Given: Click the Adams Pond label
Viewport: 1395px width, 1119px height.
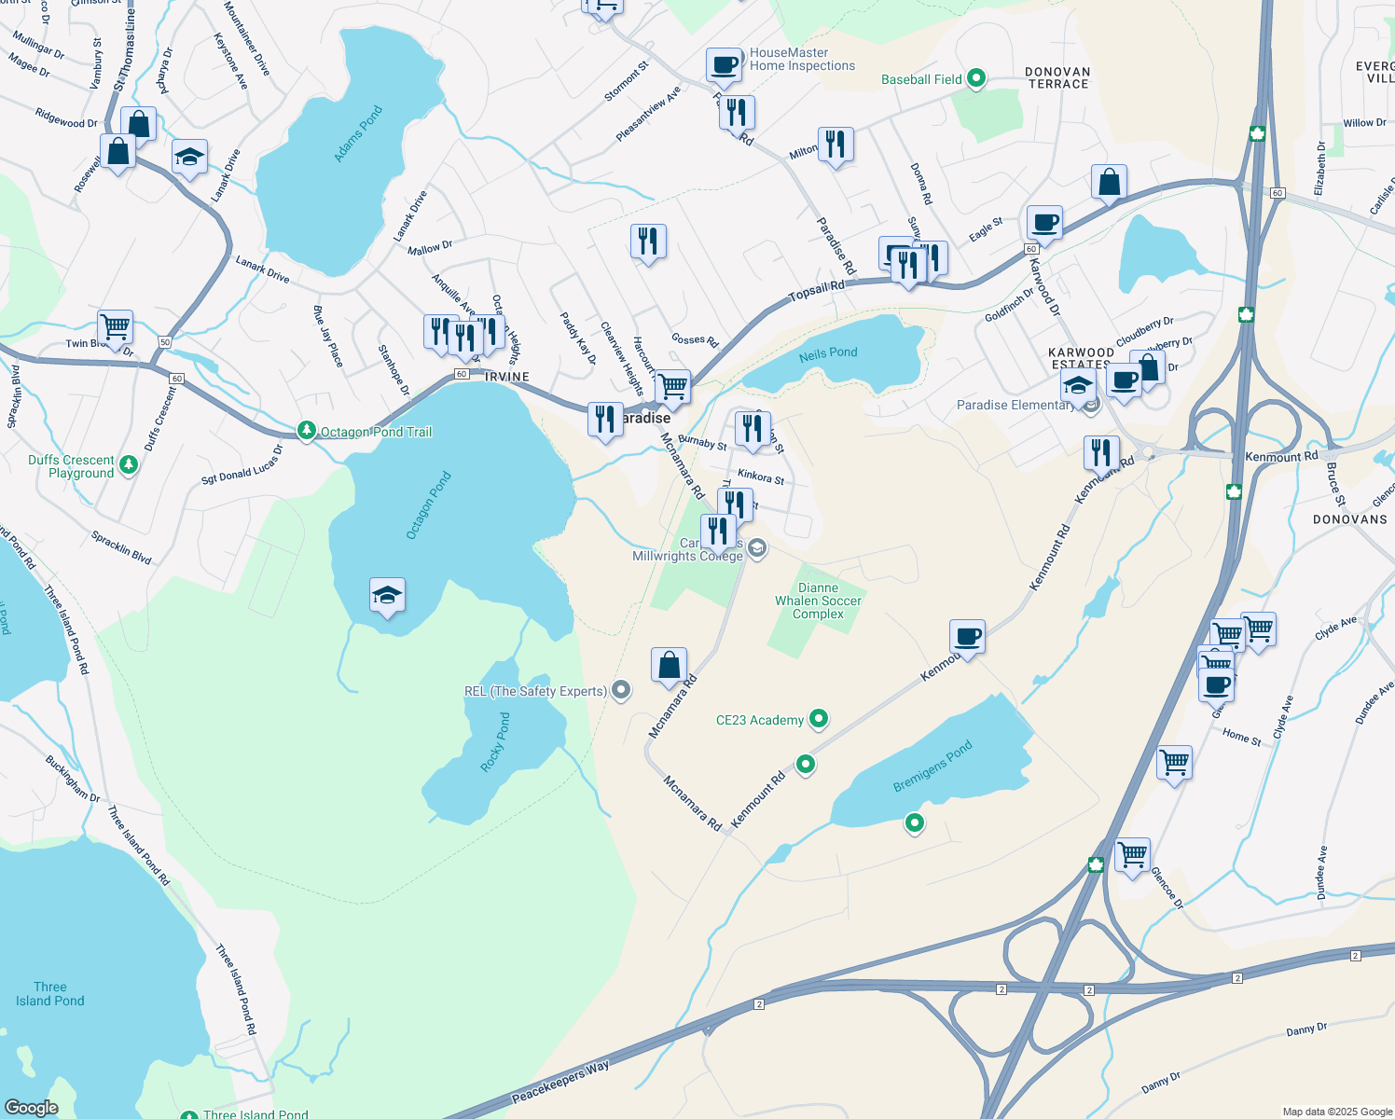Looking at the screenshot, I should (x=359, y=135).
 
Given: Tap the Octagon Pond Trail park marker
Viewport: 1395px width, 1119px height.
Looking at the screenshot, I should (x=307, y=431).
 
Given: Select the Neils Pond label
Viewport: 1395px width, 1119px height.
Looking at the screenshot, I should (x=828, y=352).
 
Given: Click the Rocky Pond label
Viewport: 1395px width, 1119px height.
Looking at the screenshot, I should (x=496, y=742).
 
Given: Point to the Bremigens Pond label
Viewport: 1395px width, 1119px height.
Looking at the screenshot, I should (x=932, y=766).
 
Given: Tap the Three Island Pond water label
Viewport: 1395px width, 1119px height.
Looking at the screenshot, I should (x=50, y=994).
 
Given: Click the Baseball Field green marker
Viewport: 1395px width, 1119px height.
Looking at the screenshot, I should (x=976, y=78).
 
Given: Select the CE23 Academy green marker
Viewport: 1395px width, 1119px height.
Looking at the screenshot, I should (x=819, y=718).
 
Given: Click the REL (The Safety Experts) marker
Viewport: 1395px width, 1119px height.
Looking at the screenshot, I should (x=621, y=691).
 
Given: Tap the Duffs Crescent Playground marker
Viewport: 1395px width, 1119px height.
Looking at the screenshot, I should (x=129, y=464).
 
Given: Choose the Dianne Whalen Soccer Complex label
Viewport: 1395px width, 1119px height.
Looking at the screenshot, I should (x=818, y=601).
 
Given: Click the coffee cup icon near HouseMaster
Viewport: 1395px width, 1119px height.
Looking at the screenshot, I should (x=724, y=65).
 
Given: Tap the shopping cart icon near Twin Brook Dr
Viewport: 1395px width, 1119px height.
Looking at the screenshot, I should (x=115, y=328).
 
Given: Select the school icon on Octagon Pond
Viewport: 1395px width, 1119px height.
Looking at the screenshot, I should (x=387, y=597).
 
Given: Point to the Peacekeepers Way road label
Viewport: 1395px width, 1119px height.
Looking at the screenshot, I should (x=560, y=1082).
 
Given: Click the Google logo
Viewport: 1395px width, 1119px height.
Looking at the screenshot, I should (x=32, y=1108).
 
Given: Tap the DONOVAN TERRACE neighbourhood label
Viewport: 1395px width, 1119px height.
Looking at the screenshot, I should (x=1057, y=77).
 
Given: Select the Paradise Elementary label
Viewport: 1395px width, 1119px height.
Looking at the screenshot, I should (x=1015, y=405).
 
